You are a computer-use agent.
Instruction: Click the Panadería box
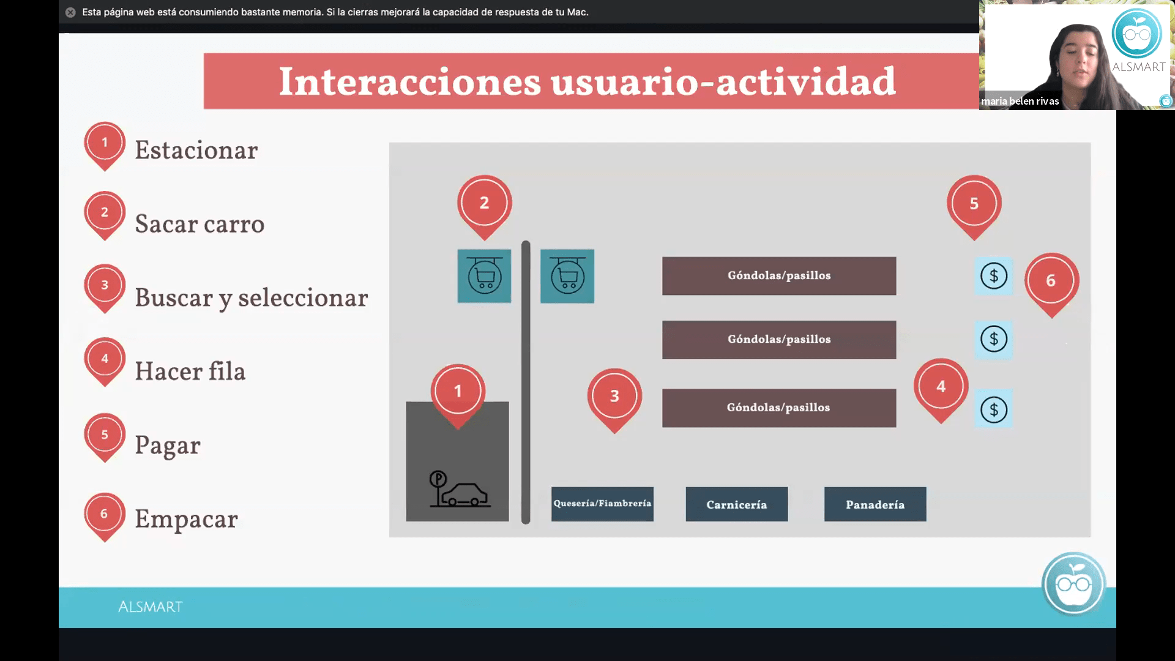pyautogui.click(x=875, y=504)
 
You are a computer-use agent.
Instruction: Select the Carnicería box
pyautogui.click(x=737, y=504)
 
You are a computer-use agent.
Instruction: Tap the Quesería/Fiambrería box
pyautogui.click(x=602, y=504)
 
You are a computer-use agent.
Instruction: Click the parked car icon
pyautogui.click(x=460, y=490)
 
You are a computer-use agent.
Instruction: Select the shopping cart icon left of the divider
pyautogui.click(x=484, y=276)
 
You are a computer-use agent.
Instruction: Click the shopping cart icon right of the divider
pyautogui.click(x=567, y=276)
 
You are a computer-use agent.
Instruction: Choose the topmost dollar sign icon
pyautogui.click(x=994, y=276)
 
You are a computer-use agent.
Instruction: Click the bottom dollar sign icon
pyautogui.click(x=994, y=409)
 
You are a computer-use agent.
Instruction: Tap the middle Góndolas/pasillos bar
pyautogui.click(x=779, y=340)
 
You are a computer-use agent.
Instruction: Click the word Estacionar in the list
pyautogui.click(x=196, y=151)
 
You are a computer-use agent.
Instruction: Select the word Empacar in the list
pyautogui.click(x=186, y=520)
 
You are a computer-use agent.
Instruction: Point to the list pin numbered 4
pyautogui.click(x=105, y=361)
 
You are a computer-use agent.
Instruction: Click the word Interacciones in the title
pyautogui.click(x=410, y=81)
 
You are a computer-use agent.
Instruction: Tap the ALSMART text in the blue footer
pyautogui.click(x=151, y=607)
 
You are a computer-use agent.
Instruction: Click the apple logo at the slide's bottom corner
pyautogui.click(x=1074, y=584)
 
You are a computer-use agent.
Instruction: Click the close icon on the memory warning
pyautogui.click(x=70, y=12)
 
